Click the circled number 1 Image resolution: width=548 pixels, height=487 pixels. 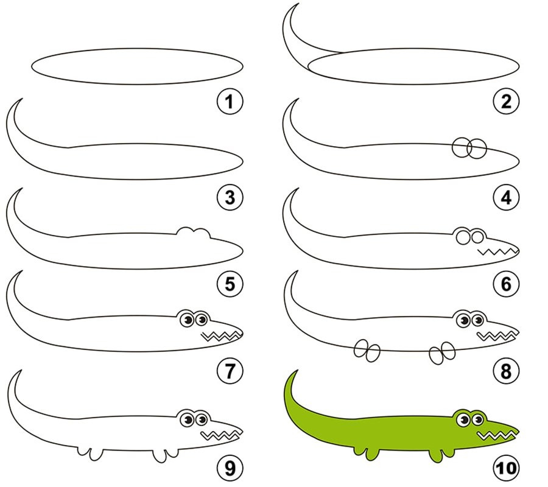(x=230, y=102)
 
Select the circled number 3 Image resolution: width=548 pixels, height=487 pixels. (x=230, y=197)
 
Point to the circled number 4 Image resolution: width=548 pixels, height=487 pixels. (x=507, y=197)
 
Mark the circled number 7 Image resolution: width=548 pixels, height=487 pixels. (x=230, y=371)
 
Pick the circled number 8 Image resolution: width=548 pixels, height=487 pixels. (x=507, y=371)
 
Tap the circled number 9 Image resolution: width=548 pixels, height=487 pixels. (x=230, y=468)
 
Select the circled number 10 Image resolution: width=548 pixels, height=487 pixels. (x=507, y=468)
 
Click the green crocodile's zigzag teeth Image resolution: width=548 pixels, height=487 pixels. (x=496, y=436)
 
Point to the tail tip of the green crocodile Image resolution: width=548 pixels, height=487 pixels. (x=298, y=370)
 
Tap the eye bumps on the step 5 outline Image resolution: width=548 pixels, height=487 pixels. (x=193, y=233)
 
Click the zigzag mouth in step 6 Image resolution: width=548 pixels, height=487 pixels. (x=497, y=251)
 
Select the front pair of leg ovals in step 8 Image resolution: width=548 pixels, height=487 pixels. (x=442, y=353)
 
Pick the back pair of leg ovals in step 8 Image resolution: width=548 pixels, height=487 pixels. (x=367, y=351)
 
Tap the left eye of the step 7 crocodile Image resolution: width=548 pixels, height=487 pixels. (x=187, y=320)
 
